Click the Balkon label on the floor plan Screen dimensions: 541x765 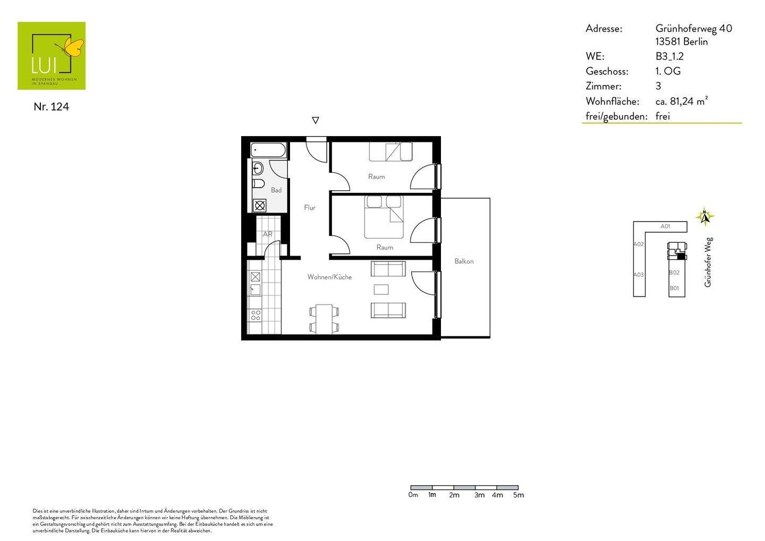tap(464, 261)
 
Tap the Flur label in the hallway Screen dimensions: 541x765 tap(310, 208)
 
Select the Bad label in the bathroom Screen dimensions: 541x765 tap(276, 190)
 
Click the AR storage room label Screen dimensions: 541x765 tap(268, 234)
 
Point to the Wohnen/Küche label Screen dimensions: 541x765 tap(329, 277)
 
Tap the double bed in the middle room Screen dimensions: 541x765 tap(384, 217)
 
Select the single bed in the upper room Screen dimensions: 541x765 tap(391, 152)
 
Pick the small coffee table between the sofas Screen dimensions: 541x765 tap(381, 289)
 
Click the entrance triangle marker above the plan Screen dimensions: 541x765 tap(316, 121)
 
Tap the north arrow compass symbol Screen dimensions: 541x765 tap(705, 216)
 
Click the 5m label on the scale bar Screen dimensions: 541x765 tap(518, 495)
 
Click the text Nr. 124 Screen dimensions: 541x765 tap(51, 107)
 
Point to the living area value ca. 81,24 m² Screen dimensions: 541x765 tap(682, 101)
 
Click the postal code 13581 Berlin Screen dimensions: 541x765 tap(682, 42)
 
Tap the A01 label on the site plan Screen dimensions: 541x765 tap(665, 226)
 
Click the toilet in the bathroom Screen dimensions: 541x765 tap(259, 184)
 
